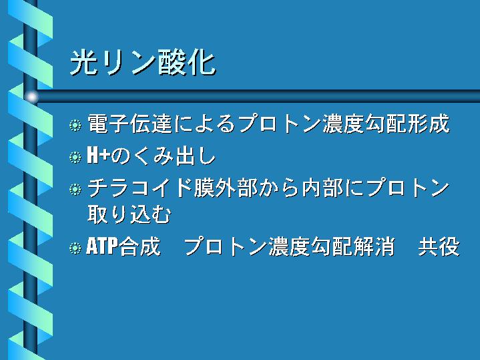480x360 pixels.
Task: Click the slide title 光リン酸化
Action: (143, 63)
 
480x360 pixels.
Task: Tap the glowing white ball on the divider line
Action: (32, 97)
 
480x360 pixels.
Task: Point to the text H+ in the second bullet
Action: (98, 156)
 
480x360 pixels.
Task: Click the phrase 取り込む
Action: (129, 214)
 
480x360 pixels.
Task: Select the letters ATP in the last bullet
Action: (102, 246)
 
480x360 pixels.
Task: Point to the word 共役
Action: (439, 246)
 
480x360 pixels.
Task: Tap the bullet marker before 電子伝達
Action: (75, 125)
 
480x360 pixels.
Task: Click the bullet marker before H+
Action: (75, 157)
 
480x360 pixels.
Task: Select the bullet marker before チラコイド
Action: (75, 189)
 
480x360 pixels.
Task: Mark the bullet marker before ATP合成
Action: (75, 248)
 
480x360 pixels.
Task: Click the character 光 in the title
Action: (83, 63)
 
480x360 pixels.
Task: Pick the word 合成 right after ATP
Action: (140, 246)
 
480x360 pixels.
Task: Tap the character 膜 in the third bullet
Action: (204, 188)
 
